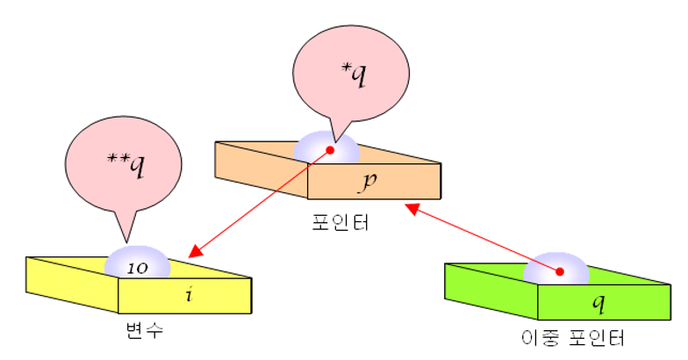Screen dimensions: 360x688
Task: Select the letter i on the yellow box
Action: click(187, 293)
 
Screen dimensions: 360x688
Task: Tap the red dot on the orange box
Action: click(331, 150)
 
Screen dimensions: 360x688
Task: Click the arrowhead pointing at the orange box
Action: click(411, 209)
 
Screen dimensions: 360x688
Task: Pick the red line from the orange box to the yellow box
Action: click(263, 201)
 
